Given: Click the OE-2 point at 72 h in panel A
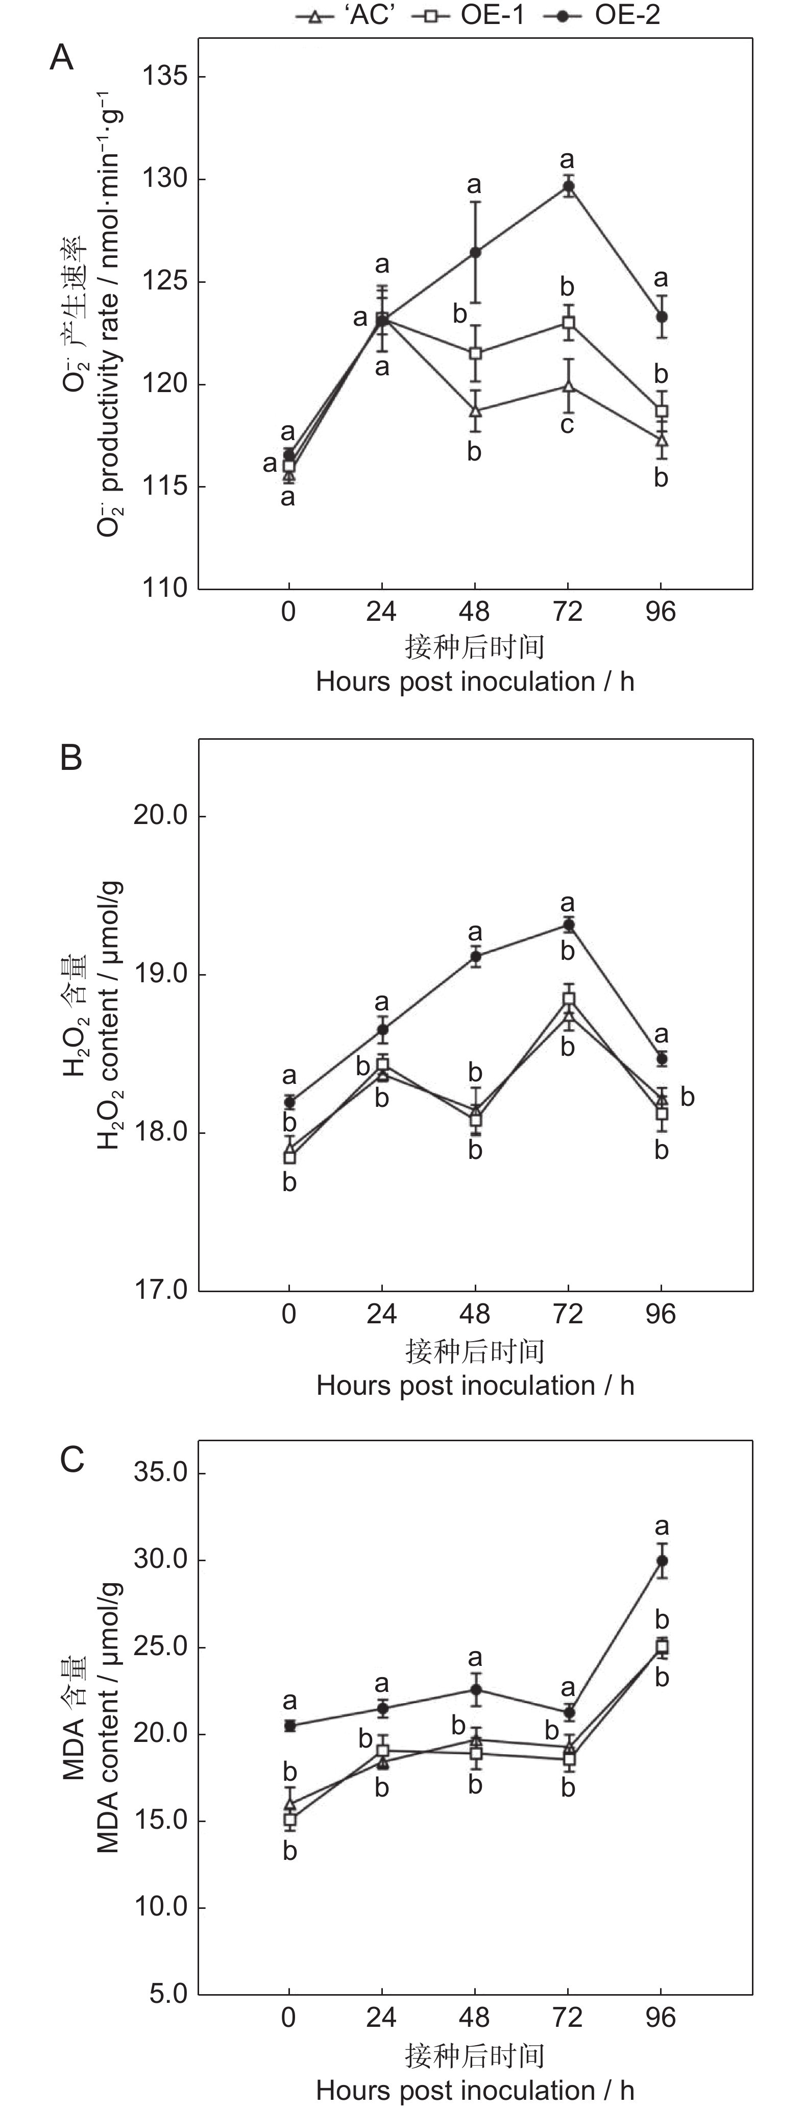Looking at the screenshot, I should point(567,187).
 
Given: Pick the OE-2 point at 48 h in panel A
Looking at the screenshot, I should point(475,252).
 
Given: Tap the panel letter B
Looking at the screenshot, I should point(71,758).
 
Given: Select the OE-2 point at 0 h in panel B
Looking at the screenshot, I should point(289,1102).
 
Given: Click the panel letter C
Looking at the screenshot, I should point(72,1460).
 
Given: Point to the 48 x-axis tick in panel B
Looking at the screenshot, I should point(475,1314).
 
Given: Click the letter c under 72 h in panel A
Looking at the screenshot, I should point(567,424).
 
